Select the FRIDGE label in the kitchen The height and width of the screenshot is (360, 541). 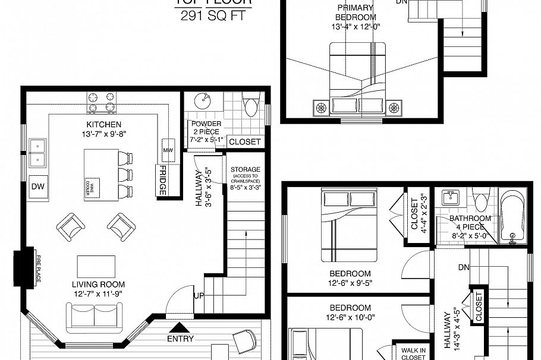click(x=162, y=181)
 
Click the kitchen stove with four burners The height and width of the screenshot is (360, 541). click(x=102, y=102)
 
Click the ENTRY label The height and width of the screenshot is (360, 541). click(x=180, y=339)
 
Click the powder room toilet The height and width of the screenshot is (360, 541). click(x=251, y=107)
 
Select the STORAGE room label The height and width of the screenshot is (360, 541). click(x=246, y=170)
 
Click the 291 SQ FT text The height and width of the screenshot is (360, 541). click(x=213, y=16)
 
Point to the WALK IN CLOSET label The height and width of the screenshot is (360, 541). click(x=413, y=354)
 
